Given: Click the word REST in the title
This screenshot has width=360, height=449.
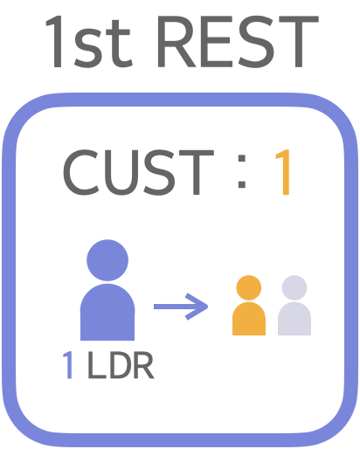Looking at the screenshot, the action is [238, 42].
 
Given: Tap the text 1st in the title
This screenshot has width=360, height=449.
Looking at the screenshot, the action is [88, 42].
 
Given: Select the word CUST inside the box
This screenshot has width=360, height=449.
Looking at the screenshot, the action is [138, 172].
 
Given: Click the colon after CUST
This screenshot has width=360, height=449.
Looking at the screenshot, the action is [242, 171].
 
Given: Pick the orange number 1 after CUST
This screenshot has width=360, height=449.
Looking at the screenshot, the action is [283, 172].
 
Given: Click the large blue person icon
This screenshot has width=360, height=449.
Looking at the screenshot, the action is [107, 290].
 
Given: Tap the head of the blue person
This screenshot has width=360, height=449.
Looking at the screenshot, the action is [107, 260].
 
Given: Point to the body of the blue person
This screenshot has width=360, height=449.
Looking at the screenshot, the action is [107, 312].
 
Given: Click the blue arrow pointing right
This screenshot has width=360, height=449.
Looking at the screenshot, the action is [181, 307].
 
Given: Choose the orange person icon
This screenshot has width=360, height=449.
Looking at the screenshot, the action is [249, 305].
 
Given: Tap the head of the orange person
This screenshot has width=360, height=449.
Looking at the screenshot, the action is [249, 287].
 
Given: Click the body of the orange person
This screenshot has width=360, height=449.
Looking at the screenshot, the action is [249, 319].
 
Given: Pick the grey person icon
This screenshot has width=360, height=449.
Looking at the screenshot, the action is [294, 305].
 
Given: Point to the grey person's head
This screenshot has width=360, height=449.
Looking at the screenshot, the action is [294, 287].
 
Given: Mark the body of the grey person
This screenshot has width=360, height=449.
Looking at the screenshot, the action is [294, 319].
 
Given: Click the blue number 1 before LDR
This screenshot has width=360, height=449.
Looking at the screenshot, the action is [68, 365].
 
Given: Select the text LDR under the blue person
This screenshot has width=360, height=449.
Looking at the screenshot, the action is [121, 365].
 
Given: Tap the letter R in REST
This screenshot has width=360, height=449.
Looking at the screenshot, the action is [177, 42].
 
